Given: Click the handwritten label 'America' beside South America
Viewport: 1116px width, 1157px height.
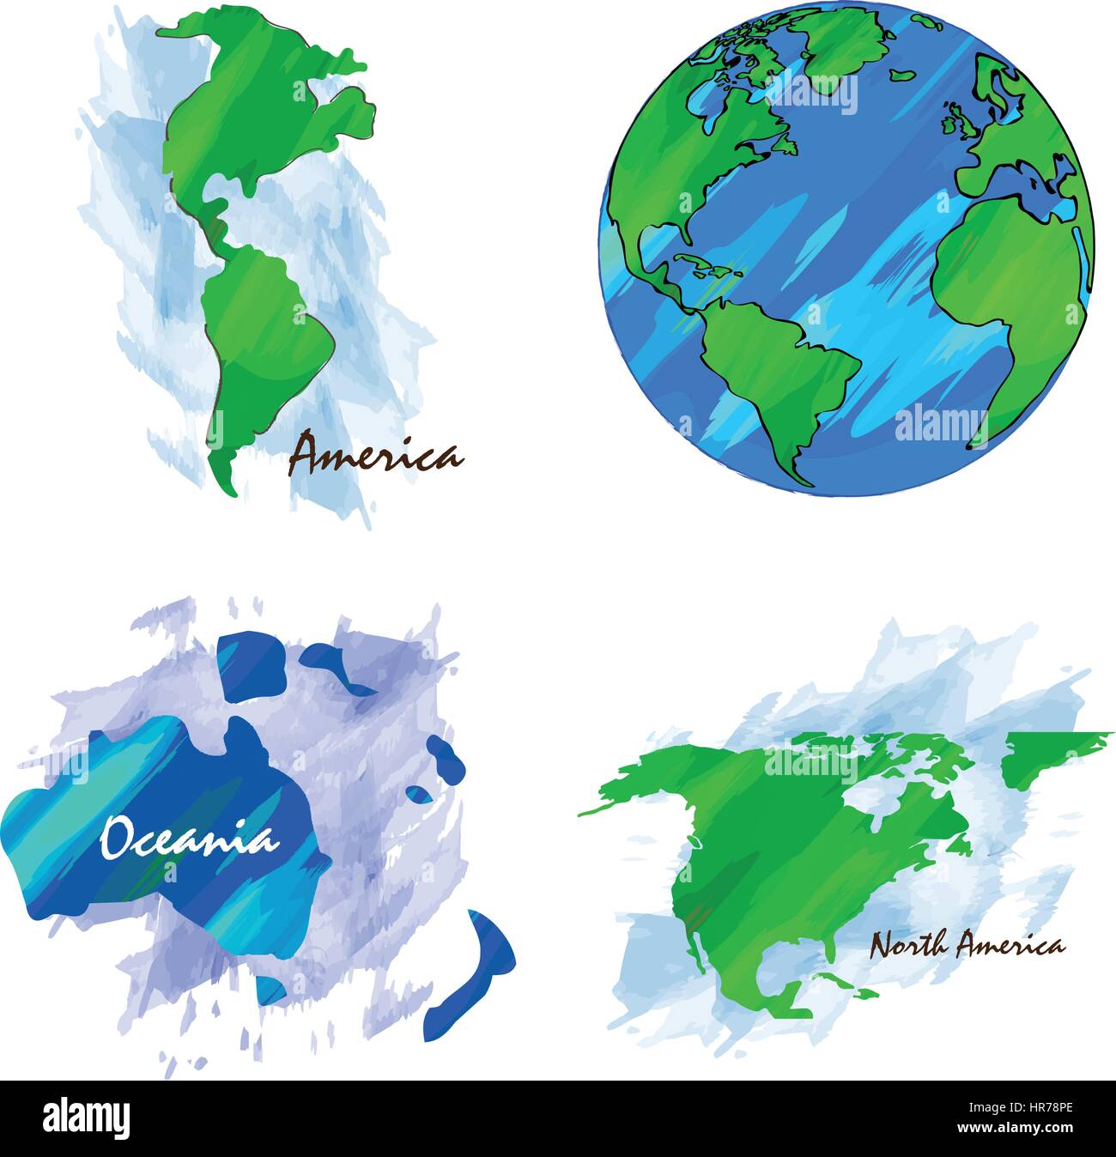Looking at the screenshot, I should pyautogui.click(x=375, y=455).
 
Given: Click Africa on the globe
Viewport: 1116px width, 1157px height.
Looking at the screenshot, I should pyautogui.click(x=1004, y=283).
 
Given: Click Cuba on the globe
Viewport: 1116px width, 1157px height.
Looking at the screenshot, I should pyautogui.click(x=700, y=262).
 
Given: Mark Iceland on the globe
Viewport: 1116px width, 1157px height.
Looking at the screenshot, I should pyautogui.click(x=901, y=75).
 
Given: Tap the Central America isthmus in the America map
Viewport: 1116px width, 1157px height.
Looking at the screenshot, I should pyautogui.click(x=215, y=219).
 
